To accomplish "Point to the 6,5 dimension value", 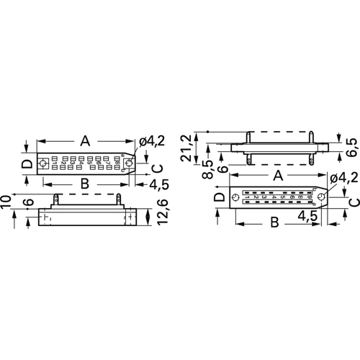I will (351, 147).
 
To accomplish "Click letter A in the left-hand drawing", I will (84, 141).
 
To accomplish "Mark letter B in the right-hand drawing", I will (274, 222).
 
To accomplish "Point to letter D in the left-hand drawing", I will (26, 164).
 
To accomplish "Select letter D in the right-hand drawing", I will (218, 197).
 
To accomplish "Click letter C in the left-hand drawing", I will (157, 168).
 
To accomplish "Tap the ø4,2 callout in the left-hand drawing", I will (153, 143).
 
